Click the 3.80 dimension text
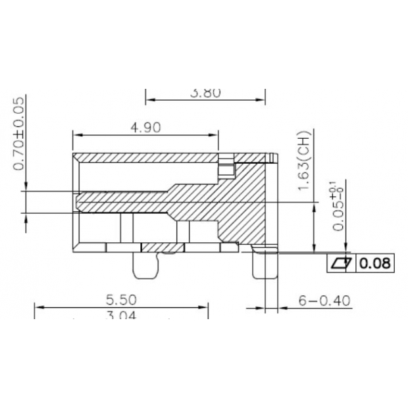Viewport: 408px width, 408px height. click(x=205, y=93)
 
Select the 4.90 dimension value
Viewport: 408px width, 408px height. click(x=145, y=128)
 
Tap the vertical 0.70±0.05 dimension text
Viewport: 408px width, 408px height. click(x=19, y=133)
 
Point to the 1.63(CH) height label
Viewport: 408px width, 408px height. click(x=305, y=163)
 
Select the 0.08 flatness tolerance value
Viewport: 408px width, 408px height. click(x=376, y=264)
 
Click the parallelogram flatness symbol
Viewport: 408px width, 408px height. click(x=340, y=264)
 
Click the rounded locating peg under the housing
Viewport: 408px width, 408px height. click(x=146, y=265)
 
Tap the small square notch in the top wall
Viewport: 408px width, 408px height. click(x=226, y=169)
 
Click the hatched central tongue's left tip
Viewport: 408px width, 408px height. click(x=79, y=201)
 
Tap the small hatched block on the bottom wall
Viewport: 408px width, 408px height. click(x=161, y=247)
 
